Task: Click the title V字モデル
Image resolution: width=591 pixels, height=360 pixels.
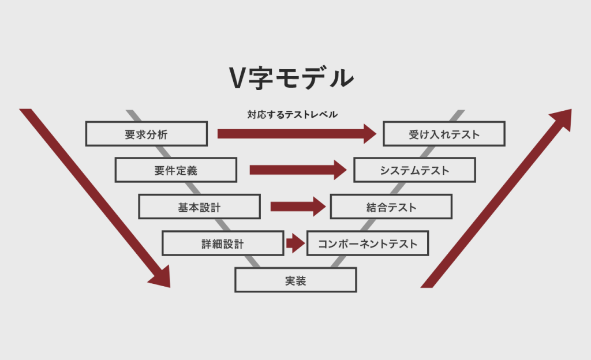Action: point(291,78)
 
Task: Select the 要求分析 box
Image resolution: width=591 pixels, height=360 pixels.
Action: point(146,134)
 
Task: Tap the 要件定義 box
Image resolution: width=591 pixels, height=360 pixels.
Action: point(175,170)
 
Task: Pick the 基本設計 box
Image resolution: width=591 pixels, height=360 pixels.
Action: point(199,207)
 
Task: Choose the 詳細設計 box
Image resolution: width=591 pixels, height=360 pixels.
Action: point(223,243)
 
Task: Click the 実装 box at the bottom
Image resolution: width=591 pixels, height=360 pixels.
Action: point(295,280)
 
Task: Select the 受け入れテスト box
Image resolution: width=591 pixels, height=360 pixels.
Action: point(444,134)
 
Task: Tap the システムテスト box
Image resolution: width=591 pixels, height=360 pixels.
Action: point(414,170)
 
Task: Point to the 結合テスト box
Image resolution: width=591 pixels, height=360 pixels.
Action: point(391,207)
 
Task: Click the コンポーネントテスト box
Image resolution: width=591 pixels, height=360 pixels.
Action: point(367,243)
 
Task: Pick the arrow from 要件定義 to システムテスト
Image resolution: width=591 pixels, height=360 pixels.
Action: point(298,170)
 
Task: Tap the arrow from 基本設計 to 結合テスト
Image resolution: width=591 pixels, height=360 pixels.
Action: point(298,207)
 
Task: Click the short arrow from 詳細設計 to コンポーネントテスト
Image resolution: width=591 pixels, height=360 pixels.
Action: point(295,243)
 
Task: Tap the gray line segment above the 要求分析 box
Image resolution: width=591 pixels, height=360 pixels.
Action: point(132,115)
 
